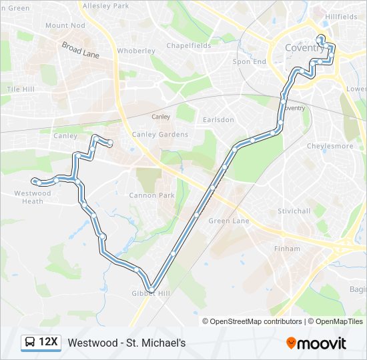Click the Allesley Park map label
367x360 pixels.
coord(105,5)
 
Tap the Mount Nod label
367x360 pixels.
coord(65,25)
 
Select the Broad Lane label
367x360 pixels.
coord(80,50)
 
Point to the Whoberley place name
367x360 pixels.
coord(136,51)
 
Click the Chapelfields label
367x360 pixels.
coord(189,46)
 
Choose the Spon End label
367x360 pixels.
coord(249,61)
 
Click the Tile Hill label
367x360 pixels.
coord(20,89)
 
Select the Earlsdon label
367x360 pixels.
coord(218,120)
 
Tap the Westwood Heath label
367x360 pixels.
coord(33,197)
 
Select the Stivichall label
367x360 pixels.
coord(294,211)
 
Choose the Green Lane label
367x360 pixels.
coord(229,221)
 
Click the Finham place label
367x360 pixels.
coord(282,249)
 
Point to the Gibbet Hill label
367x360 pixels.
coord(151,293)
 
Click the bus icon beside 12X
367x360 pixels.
coord(30,342)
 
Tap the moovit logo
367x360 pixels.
coord(316,343)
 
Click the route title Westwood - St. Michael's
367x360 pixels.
coord(127,343)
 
